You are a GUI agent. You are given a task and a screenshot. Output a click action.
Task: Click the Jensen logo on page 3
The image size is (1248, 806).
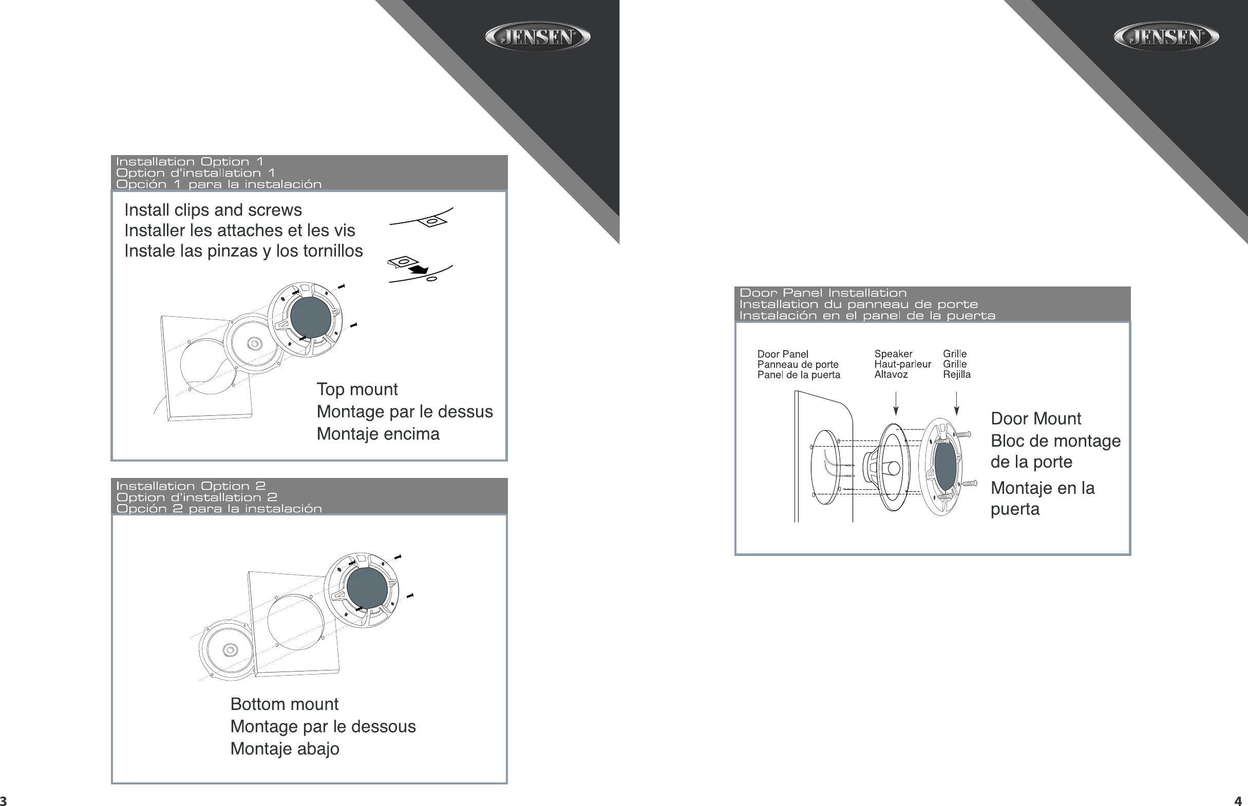[538, 36]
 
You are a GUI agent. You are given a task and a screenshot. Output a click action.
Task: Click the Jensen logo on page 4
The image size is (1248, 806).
[1166, 36]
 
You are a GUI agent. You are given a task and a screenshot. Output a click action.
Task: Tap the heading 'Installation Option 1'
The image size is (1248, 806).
[190, 162]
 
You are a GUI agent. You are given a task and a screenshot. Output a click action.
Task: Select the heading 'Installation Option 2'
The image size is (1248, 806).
[191, 486]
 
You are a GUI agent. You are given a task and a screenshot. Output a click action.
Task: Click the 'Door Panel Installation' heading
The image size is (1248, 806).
[823, 293]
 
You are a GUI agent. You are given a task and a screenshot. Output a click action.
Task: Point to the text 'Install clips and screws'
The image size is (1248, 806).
[213, 210]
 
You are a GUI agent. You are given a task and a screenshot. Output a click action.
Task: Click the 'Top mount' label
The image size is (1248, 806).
[357, 389]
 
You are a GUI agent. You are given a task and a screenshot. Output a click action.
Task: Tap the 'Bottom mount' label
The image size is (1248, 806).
[284, 704]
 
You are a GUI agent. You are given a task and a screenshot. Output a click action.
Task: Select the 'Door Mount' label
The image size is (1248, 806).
[1036, 419]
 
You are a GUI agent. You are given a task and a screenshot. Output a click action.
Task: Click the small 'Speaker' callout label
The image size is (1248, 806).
[893, 354]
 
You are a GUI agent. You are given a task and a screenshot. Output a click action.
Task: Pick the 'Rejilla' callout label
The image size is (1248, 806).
[957, 374]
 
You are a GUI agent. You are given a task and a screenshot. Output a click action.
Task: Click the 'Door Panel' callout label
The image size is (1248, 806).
[783, 354]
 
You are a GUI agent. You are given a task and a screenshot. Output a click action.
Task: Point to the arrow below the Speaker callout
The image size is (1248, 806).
[896, 403]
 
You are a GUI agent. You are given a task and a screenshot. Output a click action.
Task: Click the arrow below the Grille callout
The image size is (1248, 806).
[956, 403]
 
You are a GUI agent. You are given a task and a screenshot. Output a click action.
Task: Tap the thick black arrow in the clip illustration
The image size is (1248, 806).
[419, 269]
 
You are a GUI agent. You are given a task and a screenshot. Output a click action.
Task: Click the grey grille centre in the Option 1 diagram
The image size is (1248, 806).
[310, 318]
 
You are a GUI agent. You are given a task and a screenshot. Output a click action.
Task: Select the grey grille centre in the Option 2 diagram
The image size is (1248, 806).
[367, 588]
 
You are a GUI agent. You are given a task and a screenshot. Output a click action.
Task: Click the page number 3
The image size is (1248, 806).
[3, 801]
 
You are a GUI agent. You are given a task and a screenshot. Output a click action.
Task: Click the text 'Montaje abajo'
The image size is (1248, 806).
[285, 749]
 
